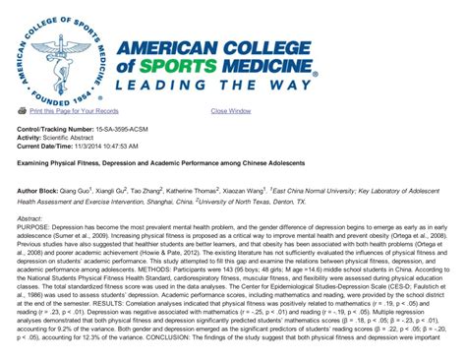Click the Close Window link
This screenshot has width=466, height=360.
[230, 111]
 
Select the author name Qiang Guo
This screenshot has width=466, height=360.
[78, 187]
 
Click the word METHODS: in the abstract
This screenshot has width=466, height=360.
[198, 266]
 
